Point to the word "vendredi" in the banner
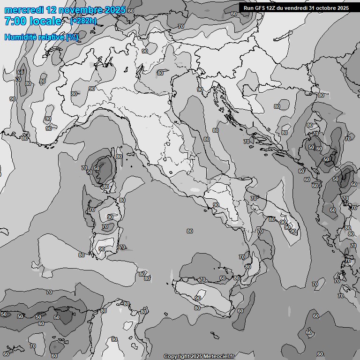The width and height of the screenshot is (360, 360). [x=298, y=8]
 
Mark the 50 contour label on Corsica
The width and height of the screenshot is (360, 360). [x=97, y=168]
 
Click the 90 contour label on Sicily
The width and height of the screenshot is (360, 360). [x=198, y=298]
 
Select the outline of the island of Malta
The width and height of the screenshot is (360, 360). [x=214, y=336]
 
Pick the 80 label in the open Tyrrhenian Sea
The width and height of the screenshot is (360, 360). [x=189, y=231]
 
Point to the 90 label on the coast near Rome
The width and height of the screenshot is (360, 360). [x=216, y=205]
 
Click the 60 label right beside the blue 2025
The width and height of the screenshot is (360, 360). [x=130, y=10]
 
